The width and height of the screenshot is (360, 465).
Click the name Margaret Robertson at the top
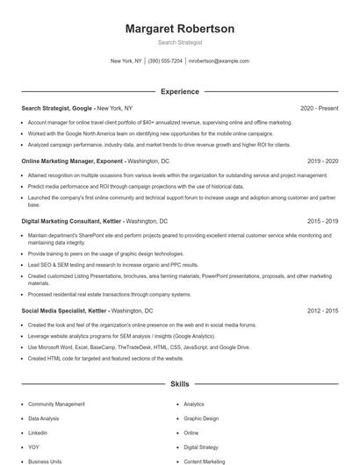[180, 29]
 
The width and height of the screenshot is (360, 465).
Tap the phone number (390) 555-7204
[165, 61]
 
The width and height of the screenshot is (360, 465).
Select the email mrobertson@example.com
[219, 61]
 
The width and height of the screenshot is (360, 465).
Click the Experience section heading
[180, 91]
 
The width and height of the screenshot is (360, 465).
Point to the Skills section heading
[180, 384]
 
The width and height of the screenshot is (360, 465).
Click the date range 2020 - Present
[319, 109]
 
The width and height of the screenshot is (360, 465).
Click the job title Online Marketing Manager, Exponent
[72, 162]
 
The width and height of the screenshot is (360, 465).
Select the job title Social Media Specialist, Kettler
[65, 311]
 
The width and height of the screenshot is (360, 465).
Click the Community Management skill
[56, 404]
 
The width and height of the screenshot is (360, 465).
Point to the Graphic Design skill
[201, 418]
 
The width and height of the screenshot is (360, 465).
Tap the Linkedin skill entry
[38, 433]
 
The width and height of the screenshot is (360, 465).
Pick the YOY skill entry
[33, 447]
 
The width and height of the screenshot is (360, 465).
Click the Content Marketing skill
[204, 461]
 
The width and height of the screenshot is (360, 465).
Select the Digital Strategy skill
[201, 447]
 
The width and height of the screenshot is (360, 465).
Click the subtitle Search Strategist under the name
[180, 42]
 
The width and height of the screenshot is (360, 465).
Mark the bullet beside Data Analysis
[22, 418]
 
